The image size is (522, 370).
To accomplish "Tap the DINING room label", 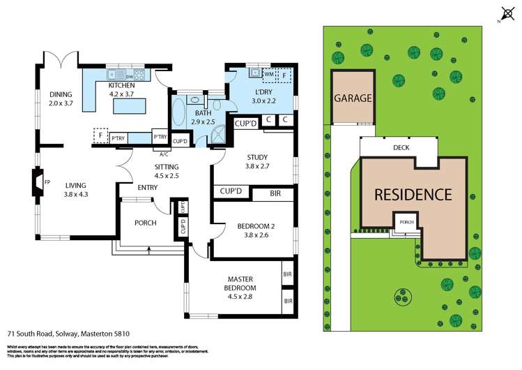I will [61, 95].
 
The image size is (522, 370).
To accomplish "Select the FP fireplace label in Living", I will [47, 182].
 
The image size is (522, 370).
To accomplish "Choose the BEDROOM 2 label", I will [252, 227].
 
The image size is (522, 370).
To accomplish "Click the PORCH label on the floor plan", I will [145, 223].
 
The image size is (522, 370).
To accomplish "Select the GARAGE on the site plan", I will [353, 98].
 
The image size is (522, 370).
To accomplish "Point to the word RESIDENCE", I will [413, 194].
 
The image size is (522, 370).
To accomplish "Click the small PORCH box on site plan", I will [406, 223].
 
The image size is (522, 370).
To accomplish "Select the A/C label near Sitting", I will [164, 154].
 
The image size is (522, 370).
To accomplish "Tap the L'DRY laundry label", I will [263, 92].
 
